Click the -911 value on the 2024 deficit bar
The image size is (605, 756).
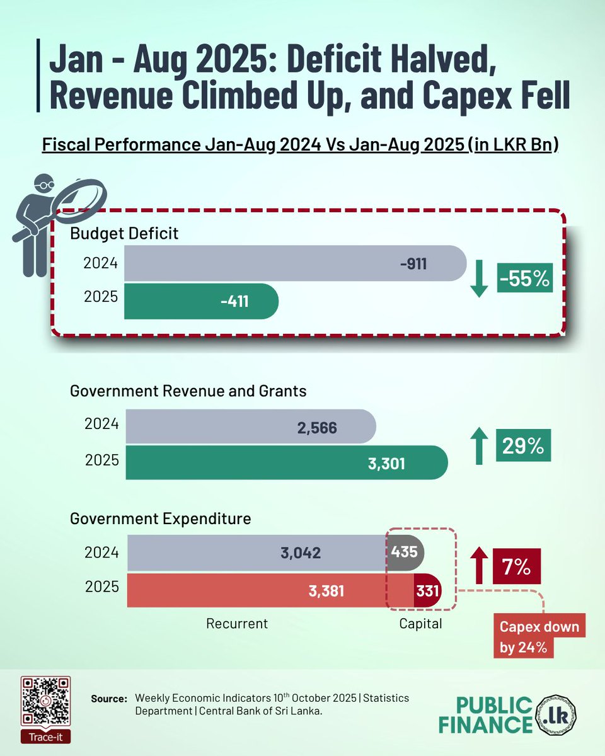(x=413, y=263)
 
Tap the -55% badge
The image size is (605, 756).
(x=524, y=278)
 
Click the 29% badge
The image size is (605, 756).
(x=522, y=445)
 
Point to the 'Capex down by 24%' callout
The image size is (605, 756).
(x=539, y=636)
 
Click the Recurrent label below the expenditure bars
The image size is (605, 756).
(x=237, y=624)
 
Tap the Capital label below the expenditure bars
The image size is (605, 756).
(x=420, y=624)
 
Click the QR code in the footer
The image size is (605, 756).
(x=45, y=701)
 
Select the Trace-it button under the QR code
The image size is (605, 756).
(x=45, y=736)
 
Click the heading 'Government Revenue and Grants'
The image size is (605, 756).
(x=188, y=391)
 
